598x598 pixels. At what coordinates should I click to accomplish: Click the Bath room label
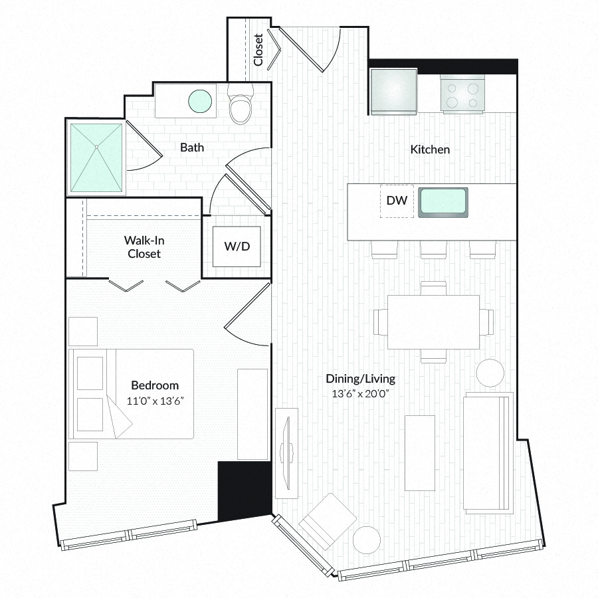[x=192, y=148]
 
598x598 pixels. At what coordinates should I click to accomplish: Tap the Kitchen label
[x=430, y=149]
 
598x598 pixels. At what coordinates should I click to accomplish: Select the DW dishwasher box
[x=397, y=201]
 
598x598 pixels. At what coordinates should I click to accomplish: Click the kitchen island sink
[x=443, y=203]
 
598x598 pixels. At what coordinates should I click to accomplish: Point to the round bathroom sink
[x=200, y=101]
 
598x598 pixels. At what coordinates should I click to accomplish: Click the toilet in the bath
[x=241, y=103]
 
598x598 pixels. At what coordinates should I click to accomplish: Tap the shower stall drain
[x=96, y=146]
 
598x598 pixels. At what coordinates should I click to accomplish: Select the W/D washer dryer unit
[x=237, y=247]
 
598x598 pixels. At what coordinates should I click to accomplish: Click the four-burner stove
[x=462, y=94]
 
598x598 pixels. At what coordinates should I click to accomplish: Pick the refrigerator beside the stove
[x=393, y=92]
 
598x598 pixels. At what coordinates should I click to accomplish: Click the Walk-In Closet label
[x=144, y=247]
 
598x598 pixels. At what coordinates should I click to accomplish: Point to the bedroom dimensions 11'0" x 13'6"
[x=155, y=401]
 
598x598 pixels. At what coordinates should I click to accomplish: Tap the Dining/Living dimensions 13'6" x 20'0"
[x=360, y=393]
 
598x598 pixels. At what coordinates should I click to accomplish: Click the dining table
[x=434, y=322]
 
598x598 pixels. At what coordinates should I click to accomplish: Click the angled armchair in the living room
[x=328, y=522]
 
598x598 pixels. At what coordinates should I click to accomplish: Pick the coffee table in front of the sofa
[x=420, y=452]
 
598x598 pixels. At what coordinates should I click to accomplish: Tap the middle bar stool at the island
[x=434, y=249]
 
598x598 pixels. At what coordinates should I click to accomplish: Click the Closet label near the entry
[x=258, y=50]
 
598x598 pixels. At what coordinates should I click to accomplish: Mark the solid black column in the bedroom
[x=245, y=490]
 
